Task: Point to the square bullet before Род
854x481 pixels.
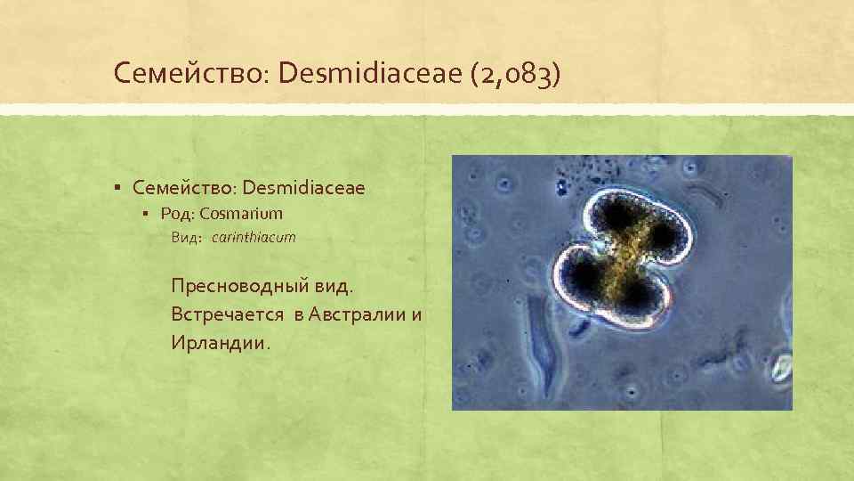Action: [x=148, y=214]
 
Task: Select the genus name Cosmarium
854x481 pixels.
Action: [x=241, y=214]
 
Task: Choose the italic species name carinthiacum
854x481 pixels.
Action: [x=254, y=238]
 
